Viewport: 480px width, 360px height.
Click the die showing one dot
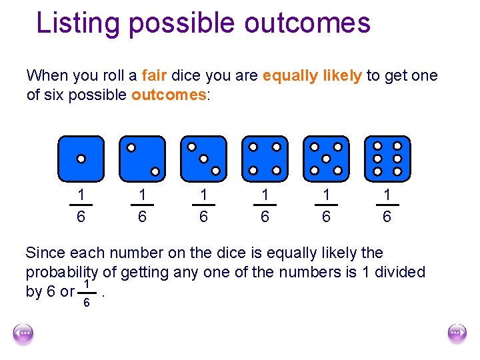(x=81, y=159)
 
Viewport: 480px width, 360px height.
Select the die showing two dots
(x=142, y=159)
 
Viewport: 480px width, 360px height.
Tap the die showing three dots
(x=203, y=159)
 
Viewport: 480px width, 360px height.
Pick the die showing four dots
(x=265, y=159)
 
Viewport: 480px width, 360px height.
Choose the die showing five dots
(x=326, y=159)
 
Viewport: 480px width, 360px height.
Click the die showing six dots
(x=387, y=159)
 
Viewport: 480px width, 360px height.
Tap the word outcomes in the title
(x=307, y=23)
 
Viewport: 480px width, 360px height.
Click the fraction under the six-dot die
(x=387, y=206)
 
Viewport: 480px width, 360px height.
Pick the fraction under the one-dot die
(x=81, y=206)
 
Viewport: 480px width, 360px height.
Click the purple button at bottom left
(x=23, y=334)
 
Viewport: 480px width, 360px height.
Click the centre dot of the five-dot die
(x=326, y=159)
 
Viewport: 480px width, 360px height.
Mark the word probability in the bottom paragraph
(x=62, y=272)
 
